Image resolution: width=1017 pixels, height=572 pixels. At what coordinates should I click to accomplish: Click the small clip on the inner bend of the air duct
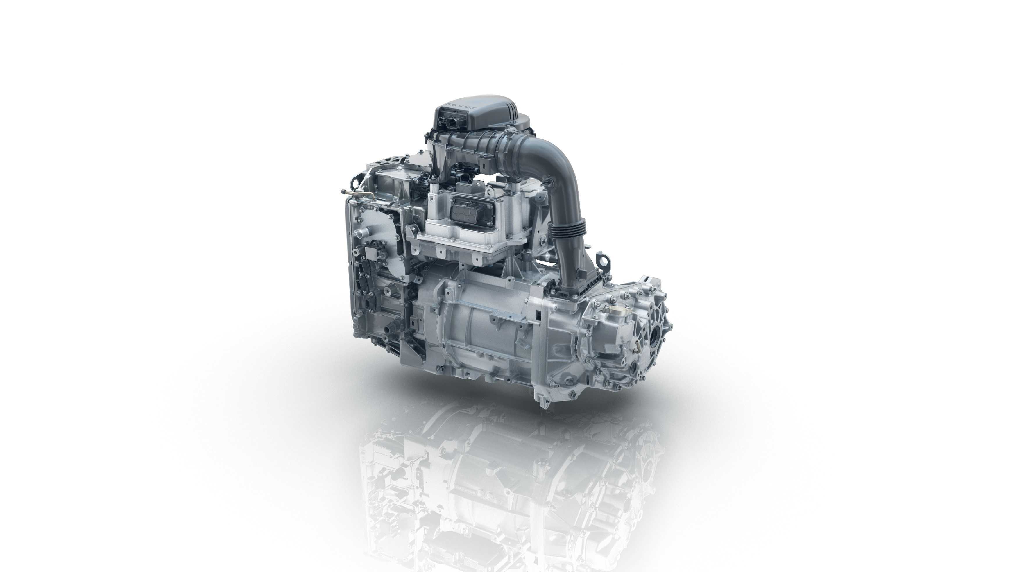548,181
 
